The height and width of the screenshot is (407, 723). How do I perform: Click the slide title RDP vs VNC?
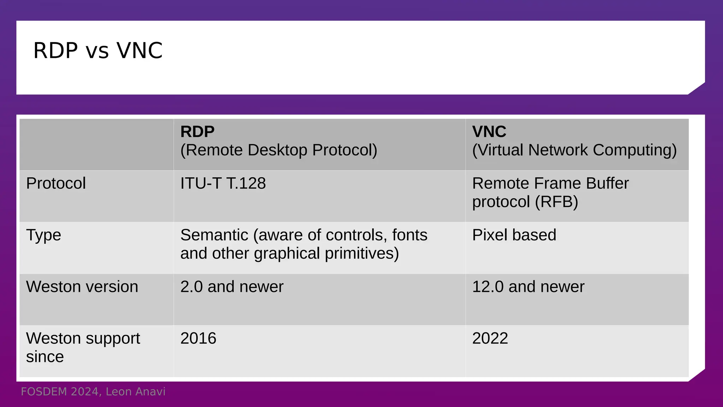[x=98, y=51]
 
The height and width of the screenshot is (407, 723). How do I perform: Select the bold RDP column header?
[x=197, y=132]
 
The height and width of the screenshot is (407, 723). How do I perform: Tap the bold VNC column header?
[x=489, y=132]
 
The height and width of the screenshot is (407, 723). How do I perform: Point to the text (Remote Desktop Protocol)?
[x=279, y=150]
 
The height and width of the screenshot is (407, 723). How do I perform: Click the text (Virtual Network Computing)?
[x=574, y=150]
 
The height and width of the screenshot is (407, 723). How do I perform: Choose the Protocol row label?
[x=56, y=183]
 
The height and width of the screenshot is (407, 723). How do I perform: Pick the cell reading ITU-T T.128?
[x=223, y=183]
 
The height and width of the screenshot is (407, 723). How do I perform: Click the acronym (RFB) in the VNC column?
[x=556, y=202]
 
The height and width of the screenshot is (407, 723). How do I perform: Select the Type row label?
[x=43, y=235]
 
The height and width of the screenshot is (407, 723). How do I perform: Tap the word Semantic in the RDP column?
[x=214, y=235]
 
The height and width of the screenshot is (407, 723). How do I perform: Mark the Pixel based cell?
[x=514, y=235]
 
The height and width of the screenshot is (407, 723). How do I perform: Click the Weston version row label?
[x=82, y=287]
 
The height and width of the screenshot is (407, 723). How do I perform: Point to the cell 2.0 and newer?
[x=232, y=287]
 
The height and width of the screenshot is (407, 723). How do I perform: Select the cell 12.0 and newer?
[x=528, y=287]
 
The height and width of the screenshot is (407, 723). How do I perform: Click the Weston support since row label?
[x=83, y=347]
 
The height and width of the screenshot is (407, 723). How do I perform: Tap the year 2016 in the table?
[x=198, y=338]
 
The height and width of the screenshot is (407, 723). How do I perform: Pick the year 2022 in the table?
[x=490, y=338]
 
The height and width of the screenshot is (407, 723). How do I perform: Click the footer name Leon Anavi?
[x=136, y=392]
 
